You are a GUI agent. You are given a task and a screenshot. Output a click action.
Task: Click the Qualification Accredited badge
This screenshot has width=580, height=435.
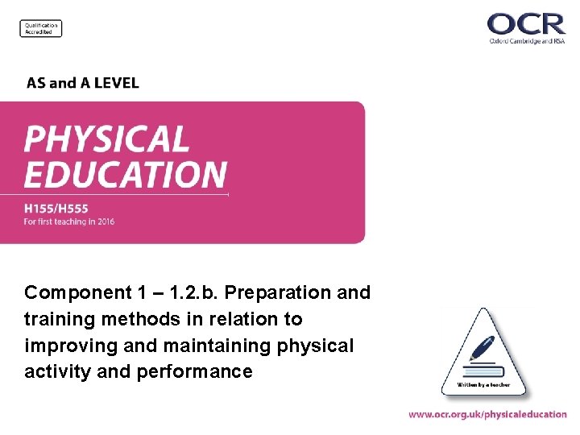[41, 28]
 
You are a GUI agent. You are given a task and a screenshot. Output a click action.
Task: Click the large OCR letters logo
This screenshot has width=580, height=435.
[526, 23]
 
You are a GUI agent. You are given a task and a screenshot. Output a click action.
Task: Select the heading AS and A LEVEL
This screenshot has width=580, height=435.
[82, 83]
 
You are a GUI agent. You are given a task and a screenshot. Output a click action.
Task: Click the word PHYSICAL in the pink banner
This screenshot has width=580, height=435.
[106, 139]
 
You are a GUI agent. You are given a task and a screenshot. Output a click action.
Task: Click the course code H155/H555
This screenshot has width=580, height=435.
[56, 209]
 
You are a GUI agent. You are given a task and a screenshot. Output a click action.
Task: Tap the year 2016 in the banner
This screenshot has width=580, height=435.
[104, 222]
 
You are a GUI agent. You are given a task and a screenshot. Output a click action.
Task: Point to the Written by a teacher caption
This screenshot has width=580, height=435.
[483, 385]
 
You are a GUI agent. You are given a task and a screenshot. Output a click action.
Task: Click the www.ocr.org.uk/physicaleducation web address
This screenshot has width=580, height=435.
[487, 414]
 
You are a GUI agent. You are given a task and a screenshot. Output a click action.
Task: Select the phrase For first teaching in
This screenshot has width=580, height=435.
[56, 222]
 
